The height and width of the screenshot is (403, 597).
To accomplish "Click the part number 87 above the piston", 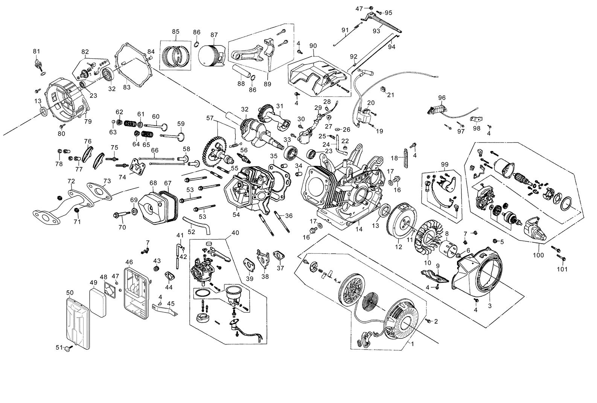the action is tap(214, 35).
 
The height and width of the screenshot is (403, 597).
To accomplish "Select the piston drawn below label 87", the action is tap(212, 56).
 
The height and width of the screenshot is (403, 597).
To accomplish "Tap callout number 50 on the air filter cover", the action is tap(70, 293).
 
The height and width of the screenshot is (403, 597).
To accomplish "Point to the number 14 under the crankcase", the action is tap(359, 229).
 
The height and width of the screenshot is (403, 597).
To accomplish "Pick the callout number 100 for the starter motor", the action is tap(538, 255).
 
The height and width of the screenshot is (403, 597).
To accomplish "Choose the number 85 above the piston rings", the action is tap(176, 32).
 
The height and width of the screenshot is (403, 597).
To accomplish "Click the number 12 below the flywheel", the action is tap(399, 247).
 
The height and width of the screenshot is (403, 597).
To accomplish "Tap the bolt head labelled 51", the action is tap(67, 348).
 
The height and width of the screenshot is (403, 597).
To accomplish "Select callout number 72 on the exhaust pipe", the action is tap(71, 181).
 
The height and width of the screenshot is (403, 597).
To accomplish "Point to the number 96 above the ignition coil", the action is tap(442, 98).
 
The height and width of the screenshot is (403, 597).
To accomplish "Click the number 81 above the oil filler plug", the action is tap(37, 51).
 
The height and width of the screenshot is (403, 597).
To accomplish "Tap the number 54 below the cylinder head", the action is tap(236, 214).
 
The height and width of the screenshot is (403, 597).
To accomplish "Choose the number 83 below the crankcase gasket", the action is tap(127, 87).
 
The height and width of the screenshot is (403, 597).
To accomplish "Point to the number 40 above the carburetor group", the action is tap(235, 233).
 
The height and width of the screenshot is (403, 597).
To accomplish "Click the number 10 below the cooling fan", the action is tap(428, 263).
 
